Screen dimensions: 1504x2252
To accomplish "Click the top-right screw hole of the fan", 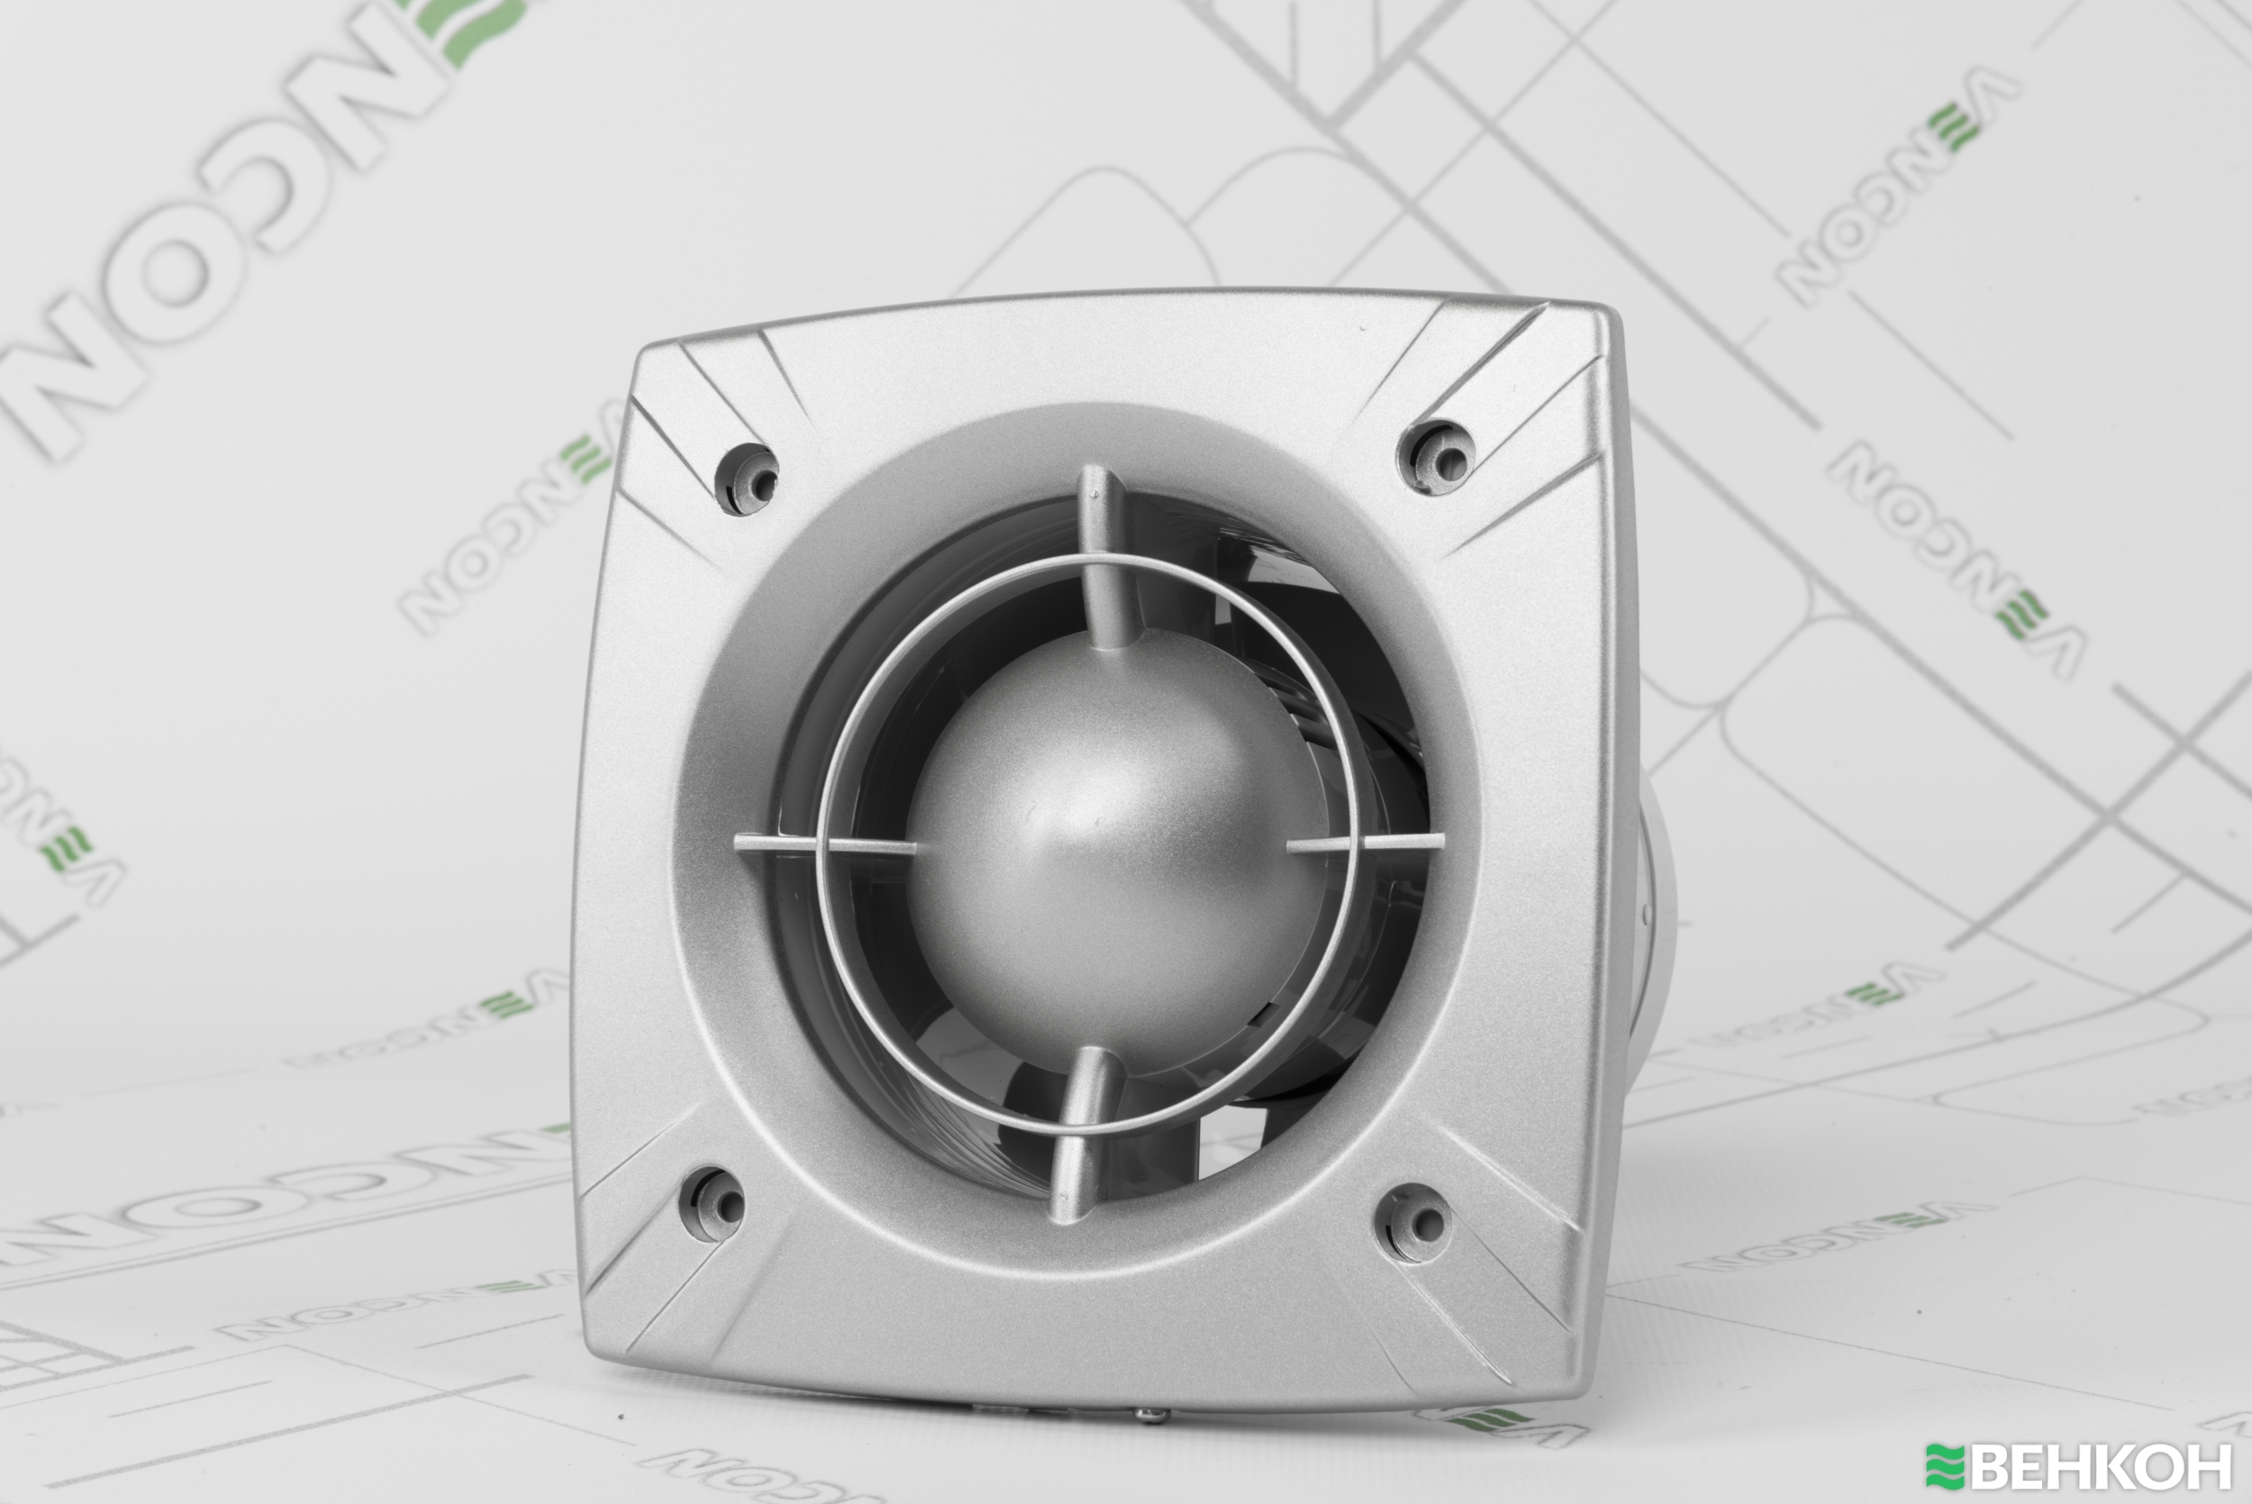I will tap(1439, 459).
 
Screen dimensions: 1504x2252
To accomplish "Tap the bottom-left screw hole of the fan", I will tap(714, 1204).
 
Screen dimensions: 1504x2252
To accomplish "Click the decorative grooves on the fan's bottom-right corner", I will tap(1495, 1285).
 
